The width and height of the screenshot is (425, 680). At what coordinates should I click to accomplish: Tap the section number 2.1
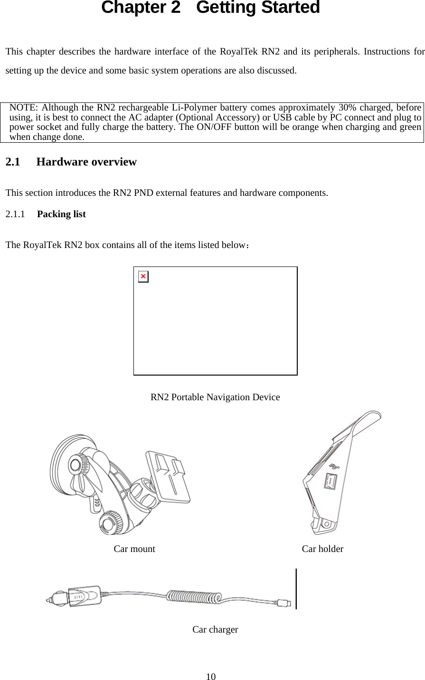coord(13,162)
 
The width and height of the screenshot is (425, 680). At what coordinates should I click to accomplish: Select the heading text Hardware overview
coord(86,162)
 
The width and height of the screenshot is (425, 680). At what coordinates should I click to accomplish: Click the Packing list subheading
coord(61,214)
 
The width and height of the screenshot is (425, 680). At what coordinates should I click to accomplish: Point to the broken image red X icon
coord(143,276)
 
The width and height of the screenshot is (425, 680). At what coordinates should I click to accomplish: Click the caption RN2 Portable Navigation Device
coord(215,397)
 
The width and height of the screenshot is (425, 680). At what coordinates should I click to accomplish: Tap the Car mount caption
coord(134,549)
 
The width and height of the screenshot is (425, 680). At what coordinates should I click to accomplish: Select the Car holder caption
coord(322,549)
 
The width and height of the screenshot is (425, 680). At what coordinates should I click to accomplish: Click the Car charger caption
coord(215,630)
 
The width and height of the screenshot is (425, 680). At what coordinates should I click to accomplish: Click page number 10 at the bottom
coord(211,676)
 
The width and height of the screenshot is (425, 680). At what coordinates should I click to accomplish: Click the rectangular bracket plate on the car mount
coord(169,477)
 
